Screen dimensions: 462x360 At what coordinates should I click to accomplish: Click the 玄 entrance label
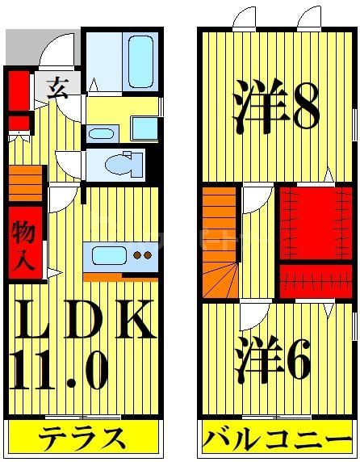click(57, 86)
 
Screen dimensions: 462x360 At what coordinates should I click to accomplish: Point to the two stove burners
click(142, 257)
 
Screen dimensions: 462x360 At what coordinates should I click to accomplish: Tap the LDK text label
click(82, 321)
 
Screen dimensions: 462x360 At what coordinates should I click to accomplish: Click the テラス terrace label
click(83, 439)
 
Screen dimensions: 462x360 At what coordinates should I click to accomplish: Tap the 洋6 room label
click(274, 359)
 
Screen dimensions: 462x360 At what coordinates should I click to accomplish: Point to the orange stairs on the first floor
click(26, 183)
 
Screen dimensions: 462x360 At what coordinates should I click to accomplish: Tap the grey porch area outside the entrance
click(19, 48)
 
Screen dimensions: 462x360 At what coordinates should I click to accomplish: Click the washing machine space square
click(144, 128)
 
